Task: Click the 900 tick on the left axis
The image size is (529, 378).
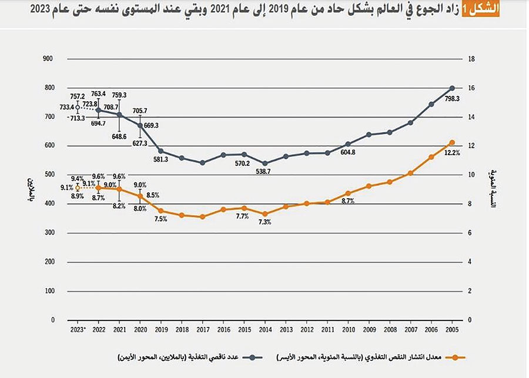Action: click(x=48, y=59)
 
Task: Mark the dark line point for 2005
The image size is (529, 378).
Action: click(x=451, y=88)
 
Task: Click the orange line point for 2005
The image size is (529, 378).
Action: click(x=451, y=142)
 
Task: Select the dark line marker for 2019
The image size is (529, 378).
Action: click(x=160, y=151)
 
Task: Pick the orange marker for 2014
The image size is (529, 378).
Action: click(x=264, y=214)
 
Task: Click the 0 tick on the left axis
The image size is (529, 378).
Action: click(x=52, y=320)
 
